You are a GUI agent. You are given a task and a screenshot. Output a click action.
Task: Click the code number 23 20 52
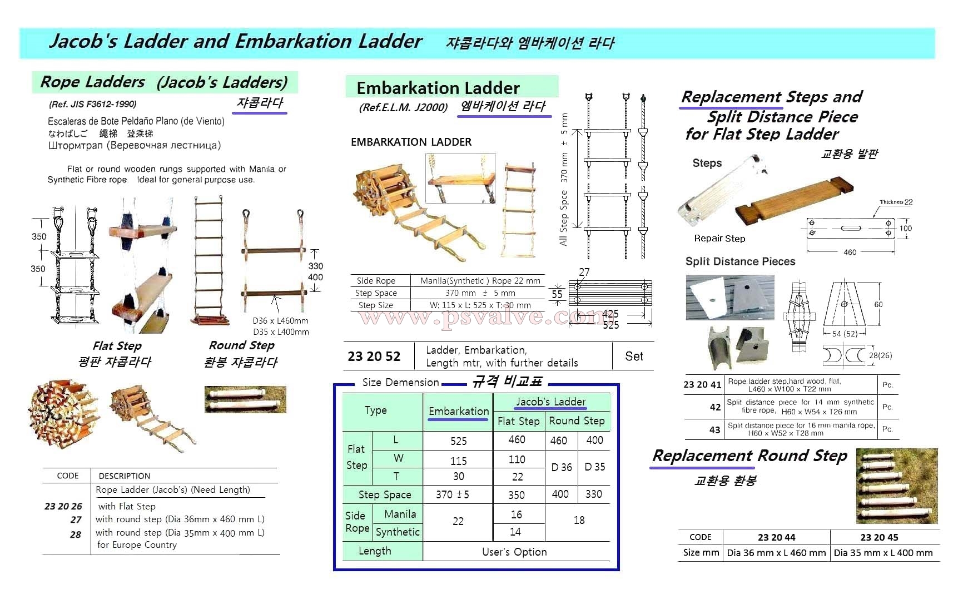(x=374, y=357)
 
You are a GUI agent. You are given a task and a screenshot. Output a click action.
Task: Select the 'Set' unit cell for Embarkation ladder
(x=634, y=357)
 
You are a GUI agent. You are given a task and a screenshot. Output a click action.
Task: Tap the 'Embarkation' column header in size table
(x=459, y=411)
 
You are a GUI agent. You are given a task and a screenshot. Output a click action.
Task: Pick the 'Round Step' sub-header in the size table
(x=577, y=421)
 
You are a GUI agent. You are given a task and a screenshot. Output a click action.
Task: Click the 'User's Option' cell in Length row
(x=514, y=552)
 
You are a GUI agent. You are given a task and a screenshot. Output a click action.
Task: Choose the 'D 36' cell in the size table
(x=562, y=467)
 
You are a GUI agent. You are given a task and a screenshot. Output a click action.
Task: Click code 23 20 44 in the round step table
(x=776, y=537)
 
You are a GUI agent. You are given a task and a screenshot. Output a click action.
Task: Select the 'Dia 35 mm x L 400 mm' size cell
(x=883, y=553)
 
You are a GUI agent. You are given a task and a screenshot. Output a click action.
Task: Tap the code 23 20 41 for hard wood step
(x=702, y=384)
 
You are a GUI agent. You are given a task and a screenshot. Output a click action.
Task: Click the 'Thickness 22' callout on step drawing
(x=896, y=202)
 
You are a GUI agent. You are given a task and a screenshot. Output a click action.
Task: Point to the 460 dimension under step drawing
(x=850, y=253)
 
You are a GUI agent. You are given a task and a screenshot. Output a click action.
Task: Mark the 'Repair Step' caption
(x=719, y=239)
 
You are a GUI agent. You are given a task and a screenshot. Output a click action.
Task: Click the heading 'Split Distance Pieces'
(x=740, y=261)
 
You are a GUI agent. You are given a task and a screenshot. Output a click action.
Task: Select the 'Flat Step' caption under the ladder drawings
(x=117, y=346)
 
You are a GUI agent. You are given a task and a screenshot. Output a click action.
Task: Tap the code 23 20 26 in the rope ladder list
(x=63, y=506)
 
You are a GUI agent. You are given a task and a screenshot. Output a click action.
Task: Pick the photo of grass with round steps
(x=896, y=486)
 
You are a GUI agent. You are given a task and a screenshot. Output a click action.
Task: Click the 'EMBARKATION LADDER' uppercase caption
(x=411, y=142)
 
